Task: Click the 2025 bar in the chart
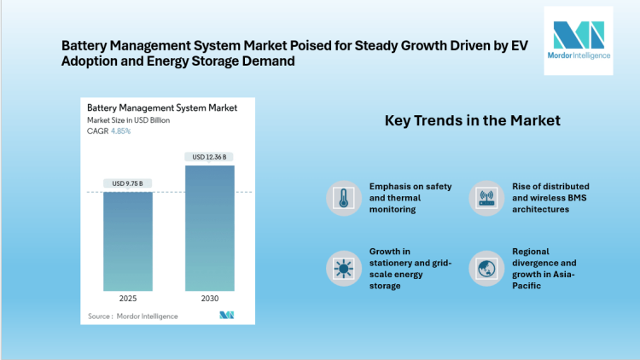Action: click(128, 241)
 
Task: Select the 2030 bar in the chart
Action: click(209, 228)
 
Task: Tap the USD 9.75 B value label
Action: click(128, 183)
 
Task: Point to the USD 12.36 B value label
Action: click(209, 157)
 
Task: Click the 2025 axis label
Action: click(128, 299)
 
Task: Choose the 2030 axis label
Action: click(209, 299)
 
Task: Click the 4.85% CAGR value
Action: click(121, 131)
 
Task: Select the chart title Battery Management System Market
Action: click(162, 108)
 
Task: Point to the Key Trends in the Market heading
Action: click(472, 120)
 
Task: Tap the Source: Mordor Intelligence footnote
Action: click(133, 316)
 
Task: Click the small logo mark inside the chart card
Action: click(226, 316)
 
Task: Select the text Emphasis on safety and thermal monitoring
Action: click(410, 197)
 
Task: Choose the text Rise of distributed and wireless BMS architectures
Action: click(550, 197)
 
